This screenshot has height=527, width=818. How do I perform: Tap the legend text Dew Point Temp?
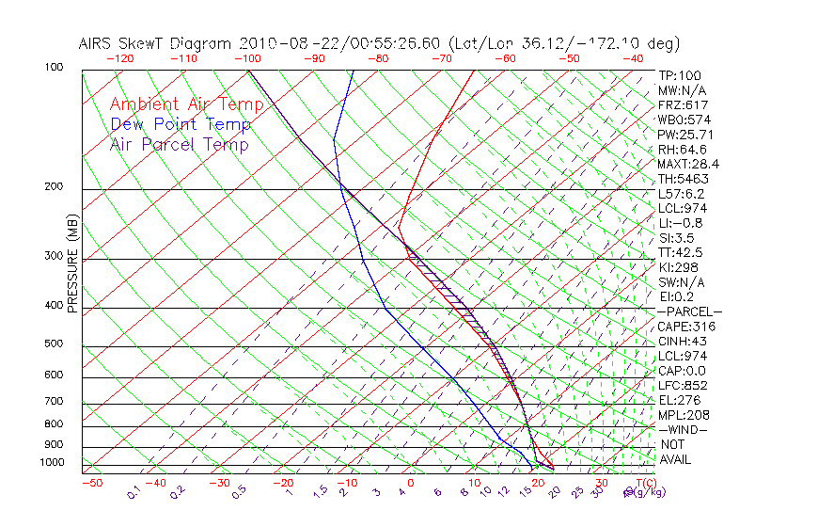(x=181, y=124)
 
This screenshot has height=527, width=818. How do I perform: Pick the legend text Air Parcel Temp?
(x=179, y=144)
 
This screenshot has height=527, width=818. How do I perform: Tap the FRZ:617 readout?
(x=683, y=105)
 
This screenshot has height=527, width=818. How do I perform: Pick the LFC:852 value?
(x=683, y=386)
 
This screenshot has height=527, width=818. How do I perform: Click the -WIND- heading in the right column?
(x=683, y=429)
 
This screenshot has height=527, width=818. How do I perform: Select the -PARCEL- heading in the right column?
(x=689, y=311)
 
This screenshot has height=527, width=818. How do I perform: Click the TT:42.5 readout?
(x=681, y=252)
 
